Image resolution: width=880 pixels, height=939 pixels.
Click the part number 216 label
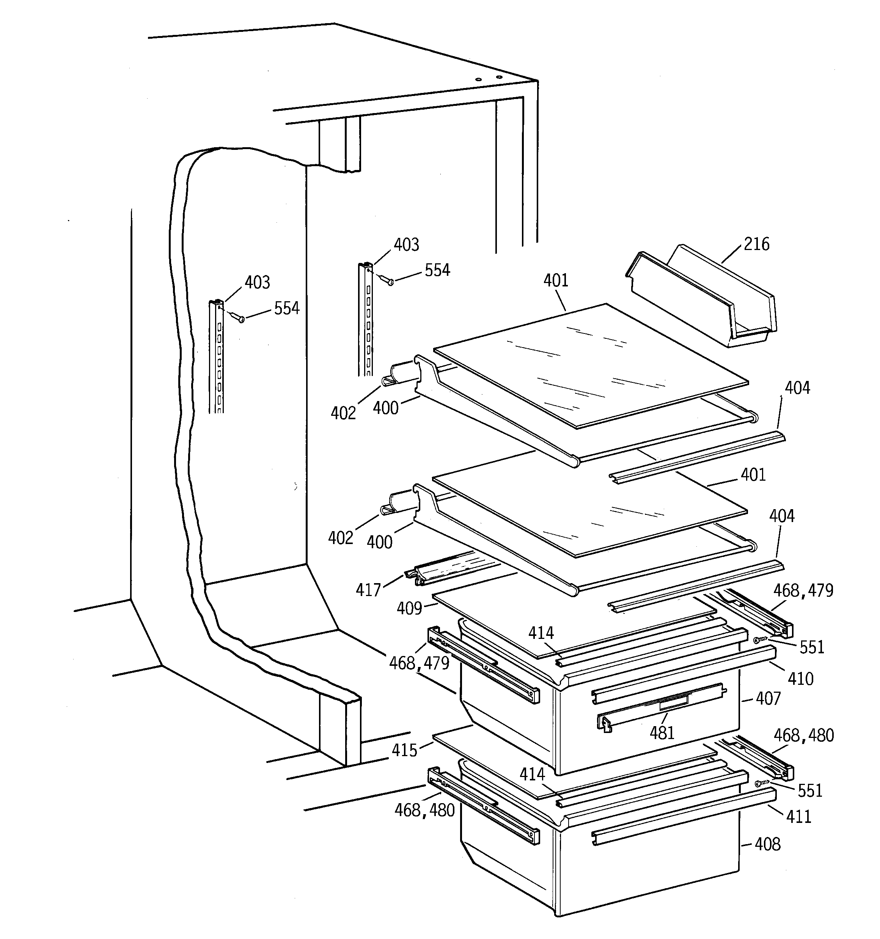pos(756,244)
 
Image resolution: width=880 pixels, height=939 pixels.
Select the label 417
pos(368,590)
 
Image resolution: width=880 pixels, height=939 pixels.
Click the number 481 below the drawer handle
pos(662,733)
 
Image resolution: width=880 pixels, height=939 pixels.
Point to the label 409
pos(409,609)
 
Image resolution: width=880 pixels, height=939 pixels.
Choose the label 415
pos(404,750)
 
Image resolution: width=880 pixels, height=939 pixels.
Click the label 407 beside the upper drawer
pos(768,698)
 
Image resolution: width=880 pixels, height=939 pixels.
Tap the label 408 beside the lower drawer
pos(768,844)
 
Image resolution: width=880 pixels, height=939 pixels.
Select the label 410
pos(800,679)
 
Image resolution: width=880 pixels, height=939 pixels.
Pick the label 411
pos(798,816)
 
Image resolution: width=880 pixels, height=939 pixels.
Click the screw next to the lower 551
pos(759,783)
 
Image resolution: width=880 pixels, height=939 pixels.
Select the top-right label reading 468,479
pos(803,590)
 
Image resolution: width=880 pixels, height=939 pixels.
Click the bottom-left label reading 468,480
pos(424,810)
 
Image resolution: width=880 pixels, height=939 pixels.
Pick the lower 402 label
pos(341,538)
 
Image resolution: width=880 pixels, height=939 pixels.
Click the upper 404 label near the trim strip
pos(797,388)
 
